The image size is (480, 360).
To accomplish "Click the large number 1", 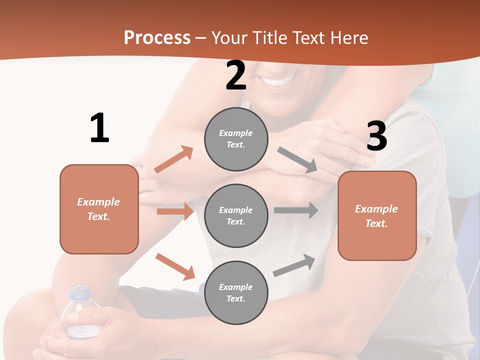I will [x=99, y=128].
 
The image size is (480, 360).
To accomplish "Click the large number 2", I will [x=236, y=76].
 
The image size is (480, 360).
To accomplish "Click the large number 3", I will [x=377, y=136].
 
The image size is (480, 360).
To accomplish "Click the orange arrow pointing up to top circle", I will [x=173, y=159].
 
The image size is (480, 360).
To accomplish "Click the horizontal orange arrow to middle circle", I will [x=175, y=211].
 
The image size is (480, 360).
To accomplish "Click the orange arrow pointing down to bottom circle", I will [x=175, y=266].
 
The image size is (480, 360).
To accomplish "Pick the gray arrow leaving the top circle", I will [x=297, y=160].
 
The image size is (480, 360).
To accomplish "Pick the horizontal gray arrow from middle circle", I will [x=295, y=210].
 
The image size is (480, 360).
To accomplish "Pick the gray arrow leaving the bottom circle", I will [x=294, y=265].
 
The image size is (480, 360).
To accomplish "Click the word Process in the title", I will [x=157, y=37].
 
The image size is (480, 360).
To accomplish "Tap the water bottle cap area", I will [x=80, y=291].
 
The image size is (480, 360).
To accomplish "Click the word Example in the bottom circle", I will [x=236, y=287].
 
